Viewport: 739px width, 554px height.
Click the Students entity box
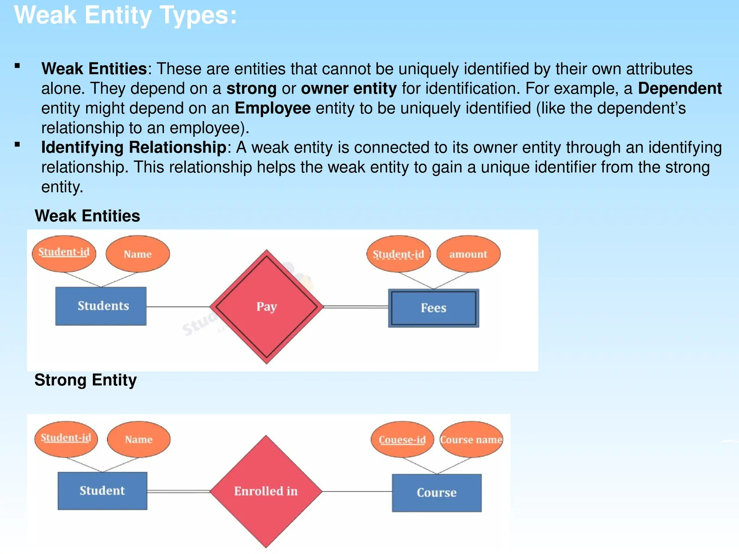[x=101, y=306]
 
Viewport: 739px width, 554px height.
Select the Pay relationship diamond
[x=267, y=307]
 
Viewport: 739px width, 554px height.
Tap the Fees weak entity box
[x=434, y=308]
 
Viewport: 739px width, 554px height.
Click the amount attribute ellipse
[x=468, y=254]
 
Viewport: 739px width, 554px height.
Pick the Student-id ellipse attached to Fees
[x=398, y=254]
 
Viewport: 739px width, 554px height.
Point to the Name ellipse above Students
[x=137, y=254]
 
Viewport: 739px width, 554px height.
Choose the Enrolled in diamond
[x=266, y=491]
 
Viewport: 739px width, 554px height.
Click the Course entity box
[x=437, y=493]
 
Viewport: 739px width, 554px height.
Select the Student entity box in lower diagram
[x=102, y=491]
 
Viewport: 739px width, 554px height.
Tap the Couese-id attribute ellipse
[x=402, y=440]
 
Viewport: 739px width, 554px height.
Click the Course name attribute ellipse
[x=471, y=440]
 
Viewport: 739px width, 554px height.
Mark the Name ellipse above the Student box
[x=139, y=439]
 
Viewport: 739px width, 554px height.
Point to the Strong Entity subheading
[x=86, y=380]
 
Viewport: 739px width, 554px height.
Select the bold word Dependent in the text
[x=680, y=88]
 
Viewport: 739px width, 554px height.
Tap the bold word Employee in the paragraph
[x=273, y=108]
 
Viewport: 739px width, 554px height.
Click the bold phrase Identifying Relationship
[x=134, y=148]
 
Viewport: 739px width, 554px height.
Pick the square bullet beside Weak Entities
[x=17, y=66]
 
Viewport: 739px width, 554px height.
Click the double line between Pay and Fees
[x=356, y=307]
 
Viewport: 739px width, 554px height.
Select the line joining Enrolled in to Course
[x=357, y=491]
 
